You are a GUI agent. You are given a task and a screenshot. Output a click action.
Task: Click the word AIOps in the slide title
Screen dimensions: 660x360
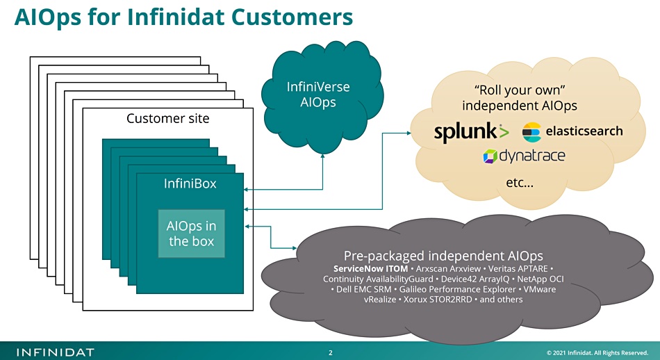47,17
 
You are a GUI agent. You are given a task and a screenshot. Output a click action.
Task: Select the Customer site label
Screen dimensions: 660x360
168,118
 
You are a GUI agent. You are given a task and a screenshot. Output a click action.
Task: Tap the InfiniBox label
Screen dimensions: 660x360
190,183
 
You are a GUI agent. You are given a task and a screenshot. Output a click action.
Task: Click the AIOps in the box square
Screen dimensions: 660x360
192,234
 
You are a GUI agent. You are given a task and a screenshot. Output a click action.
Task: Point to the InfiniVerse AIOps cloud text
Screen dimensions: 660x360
317,95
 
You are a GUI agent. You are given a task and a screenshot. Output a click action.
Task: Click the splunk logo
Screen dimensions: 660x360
472,132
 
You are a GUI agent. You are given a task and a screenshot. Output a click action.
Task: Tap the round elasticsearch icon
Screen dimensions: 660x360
531,132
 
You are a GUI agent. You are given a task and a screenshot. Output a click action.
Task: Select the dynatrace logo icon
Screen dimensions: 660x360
490,156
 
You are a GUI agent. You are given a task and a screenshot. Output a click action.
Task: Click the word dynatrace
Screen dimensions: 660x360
532,156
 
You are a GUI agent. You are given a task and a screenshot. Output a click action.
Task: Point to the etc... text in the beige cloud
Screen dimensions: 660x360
520,182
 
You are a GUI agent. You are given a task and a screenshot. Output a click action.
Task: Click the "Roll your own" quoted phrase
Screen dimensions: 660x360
520,90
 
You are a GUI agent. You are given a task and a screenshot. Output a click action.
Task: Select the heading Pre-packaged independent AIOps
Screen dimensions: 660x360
443,256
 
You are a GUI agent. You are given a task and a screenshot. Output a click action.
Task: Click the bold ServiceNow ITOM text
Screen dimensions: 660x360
370,269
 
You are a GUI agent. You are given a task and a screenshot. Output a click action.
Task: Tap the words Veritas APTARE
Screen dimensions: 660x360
518,269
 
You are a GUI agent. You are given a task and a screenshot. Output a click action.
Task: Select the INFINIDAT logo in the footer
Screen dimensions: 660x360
55,352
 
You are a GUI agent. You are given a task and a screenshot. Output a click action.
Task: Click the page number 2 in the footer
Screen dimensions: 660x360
331,352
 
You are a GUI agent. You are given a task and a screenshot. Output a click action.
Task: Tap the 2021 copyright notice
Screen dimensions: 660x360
597,353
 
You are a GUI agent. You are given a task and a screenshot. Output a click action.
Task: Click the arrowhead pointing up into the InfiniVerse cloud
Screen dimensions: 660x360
323,156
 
